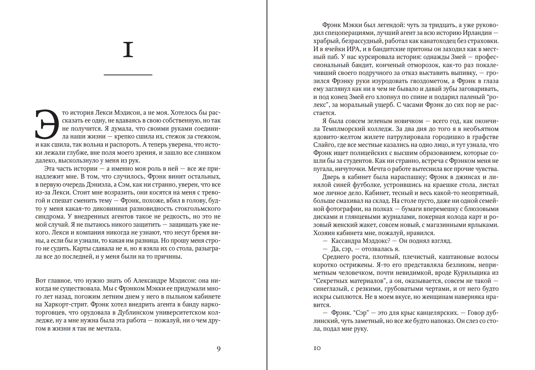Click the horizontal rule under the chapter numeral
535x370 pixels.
coord(128,75)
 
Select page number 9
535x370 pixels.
coord(219,349)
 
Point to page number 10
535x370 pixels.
coord(317,348)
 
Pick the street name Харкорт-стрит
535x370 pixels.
coord(65,305)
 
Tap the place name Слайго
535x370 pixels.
coord(324,145)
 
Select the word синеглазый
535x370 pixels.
coord(331,289)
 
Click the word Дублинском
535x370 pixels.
coord(136,312)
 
